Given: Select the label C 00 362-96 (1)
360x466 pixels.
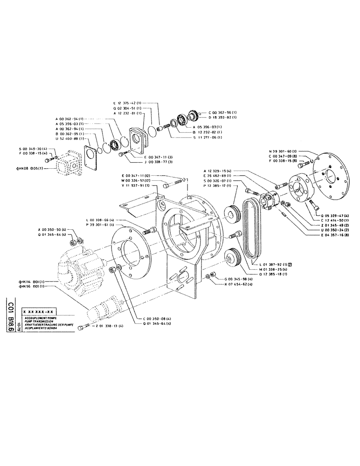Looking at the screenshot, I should pos(222,112).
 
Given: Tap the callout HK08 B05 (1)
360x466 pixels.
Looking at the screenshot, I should pos(32,168).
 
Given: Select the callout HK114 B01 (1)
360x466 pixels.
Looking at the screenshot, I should pos(32,281).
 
